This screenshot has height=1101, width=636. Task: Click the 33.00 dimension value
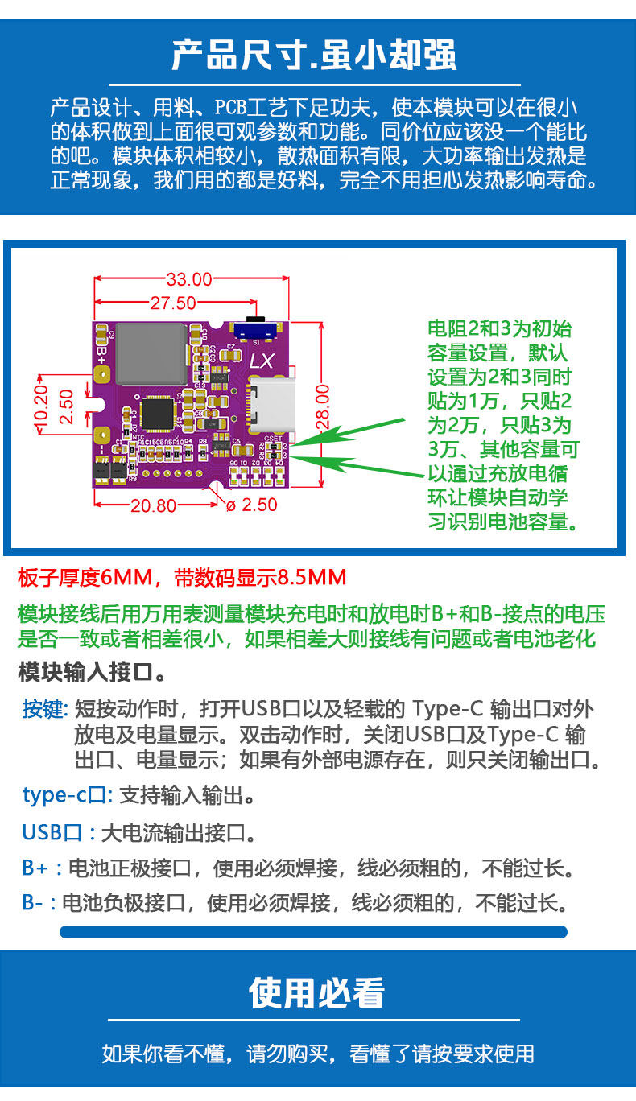(189, 279)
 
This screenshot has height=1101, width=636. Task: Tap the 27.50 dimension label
(172, 303)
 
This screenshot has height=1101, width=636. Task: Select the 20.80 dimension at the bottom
(153, 505)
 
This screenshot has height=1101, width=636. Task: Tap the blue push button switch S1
(256, 328)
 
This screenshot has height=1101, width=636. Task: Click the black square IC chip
(157, 414)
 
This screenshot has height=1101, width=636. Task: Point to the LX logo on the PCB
(262, 362)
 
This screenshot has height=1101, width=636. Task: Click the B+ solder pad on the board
(102, 355)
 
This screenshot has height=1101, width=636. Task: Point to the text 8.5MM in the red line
(312, 577)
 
